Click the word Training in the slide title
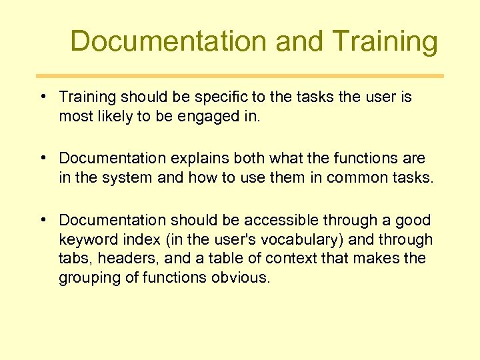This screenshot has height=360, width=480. click(385, 41)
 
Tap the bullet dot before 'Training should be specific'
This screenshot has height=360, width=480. click(42, 96)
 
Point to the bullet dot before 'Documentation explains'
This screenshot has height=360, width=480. click(42, 158)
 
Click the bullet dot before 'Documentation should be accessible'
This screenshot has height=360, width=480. click(42, 219)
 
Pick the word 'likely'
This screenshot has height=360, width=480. click(113, 117)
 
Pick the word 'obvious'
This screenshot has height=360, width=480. click(240, 277)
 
